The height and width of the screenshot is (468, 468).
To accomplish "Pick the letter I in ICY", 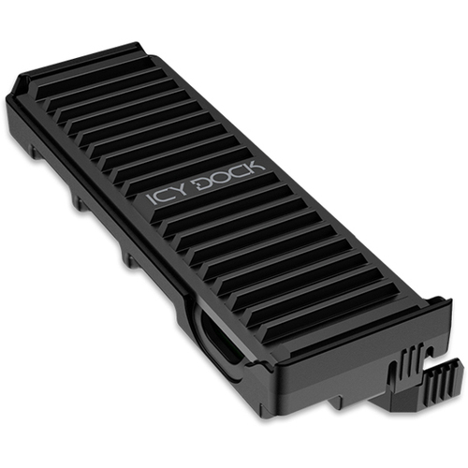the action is tap(151, 200).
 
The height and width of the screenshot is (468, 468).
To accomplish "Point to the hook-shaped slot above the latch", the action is tap(427, 352).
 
